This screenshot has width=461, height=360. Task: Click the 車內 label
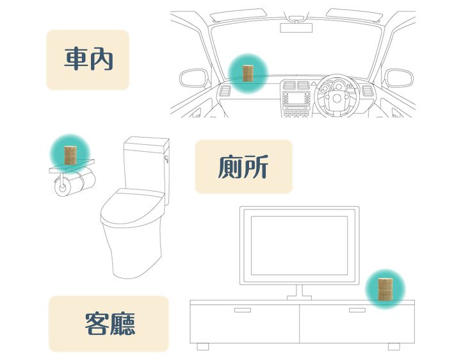[88, 59]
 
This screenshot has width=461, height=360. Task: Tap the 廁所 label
[243, 167]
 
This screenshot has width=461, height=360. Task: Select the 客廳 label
[110, 324]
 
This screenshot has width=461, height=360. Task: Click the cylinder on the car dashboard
[248, 74]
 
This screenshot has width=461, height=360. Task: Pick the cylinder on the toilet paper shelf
[70, 155]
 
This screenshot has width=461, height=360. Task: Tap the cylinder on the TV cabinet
[385, 290]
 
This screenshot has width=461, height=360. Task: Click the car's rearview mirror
[296, 28]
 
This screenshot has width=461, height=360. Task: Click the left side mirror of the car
[194, 78]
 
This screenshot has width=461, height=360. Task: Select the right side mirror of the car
[399, 78]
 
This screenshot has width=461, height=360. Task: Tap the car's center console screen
[296, 99]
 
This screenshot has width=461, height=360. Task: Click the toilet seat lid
[132, 208]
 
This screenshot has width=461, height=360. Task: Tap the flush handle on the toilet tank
[166, 159]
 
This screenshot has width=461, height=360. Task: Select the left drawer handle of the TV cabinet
[243, 310]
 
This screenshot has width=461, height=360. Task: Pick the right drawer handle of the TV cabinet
[357, 310]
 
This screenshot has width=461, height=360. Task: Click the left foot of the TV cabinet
[203, 347]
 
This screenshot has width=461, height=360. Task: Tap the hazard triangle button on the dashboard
[313, 83]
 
